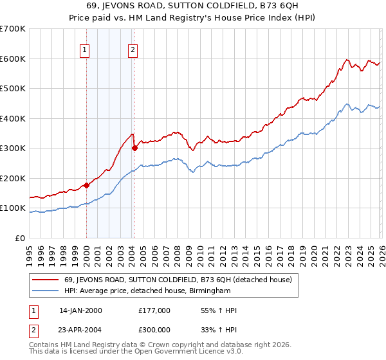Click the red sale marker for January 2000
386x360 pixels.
coord(86,185)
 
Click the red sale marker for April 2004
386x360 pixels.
coord(134,148)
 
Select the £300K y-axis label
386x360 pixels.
coord(13,148)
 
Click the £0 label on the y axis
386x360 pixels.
coord(19,238)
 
